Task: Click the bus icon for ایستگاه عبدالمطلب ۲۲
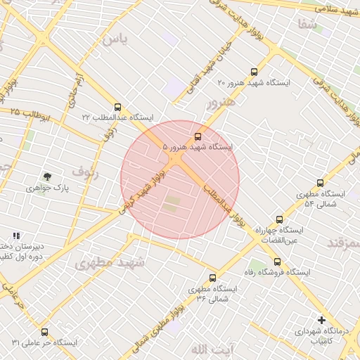point(117,108)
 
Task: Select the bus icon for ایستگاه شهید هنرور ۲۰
point(254,72)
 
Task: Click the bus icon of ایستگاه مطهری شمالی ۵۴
point(321,183)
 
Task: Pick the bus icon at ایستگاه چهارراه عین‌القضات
point(280,219)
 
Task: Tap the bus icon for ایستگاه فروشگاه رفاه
point(276,262)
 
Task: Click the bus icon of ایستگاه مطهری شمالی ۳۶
point(213,278)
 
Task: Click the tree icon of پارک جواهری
point(47,177)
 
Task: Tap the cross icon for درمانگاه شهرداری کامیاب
point(321,320)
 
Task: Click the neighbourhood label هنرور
point(219,103)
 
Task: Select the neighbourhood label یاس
point(115,39)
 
